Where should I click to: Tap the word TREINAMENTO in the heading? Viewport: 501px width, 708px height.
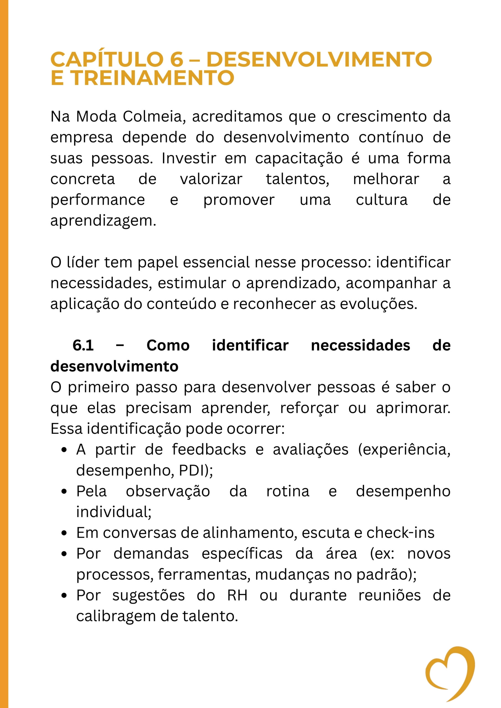pos(153,78)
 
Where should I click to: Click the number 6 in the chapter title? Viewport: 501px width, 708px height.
pos(176,59)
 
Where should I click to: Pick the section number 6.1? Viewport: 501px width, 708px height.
pos(83,345)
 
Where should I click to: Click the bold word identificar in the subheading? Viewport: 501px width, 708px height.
pos(250,345)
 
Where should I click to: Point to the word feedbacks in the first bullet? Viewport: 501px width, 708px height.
pos(209,450)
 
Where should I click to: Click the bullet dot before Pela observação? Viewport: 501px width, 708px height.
pos(64,491)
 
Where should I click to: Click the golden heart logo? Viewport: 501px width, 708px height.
pos(450,673)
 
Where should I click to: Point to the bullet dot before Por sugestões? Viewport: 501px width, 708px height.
pos(64,596)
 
